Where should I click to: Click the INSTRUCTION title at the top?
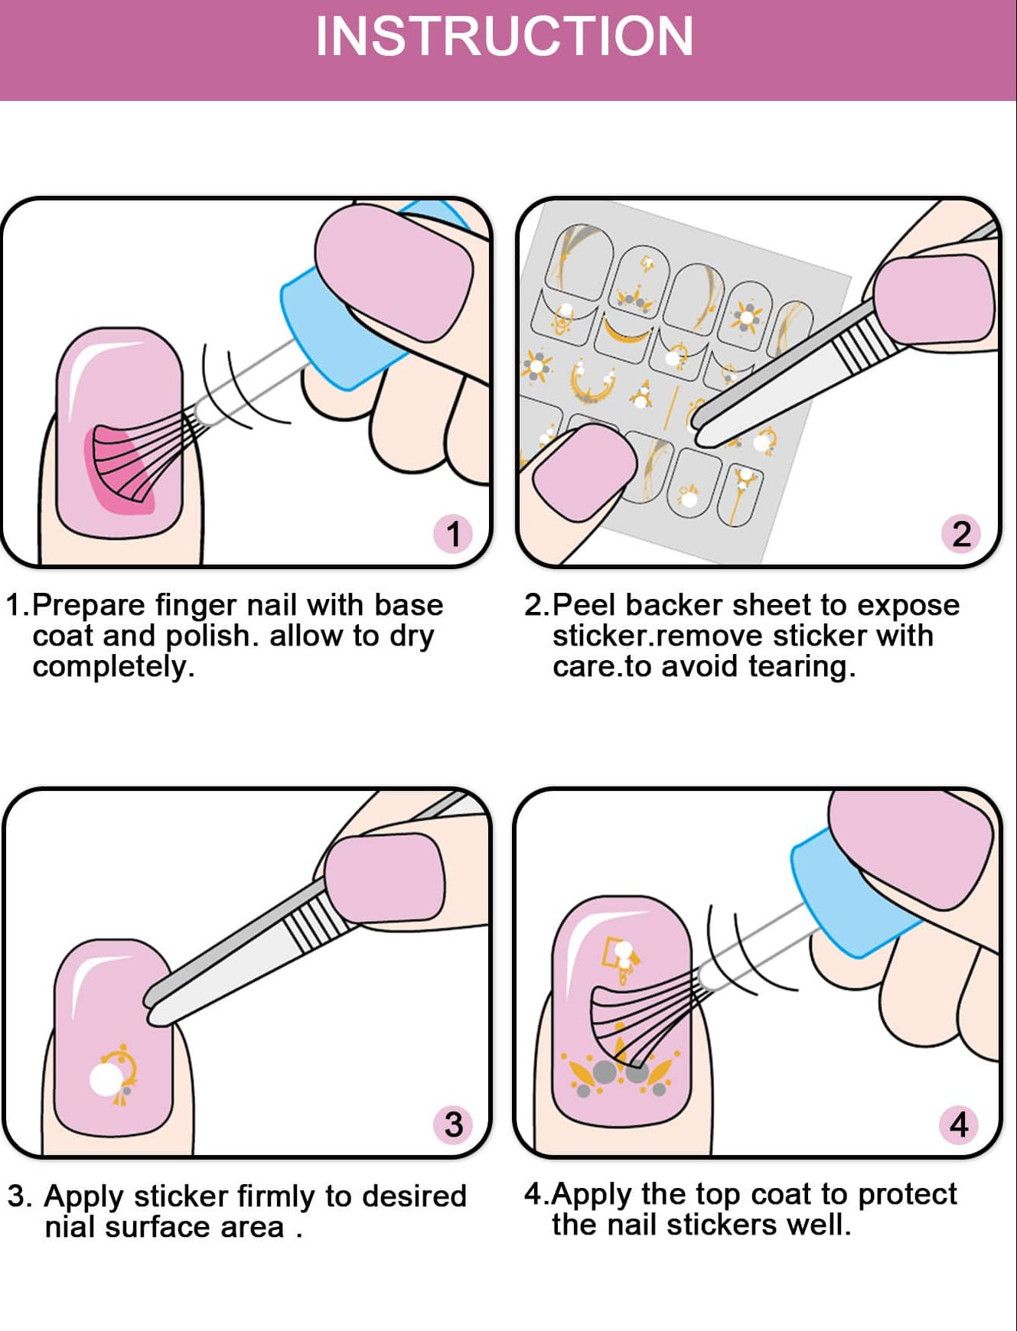504,37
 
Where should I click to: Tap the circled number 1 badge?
453,534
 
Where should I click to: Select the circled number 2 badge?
961,534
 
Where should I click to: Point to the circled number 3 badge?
453,1124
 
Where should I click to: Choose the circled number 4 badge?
958,1124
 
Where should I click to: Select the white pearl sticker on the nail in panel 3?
106,1079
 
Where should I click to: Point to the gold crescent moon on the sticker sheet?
626,332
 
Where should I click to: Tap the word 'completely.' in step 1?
113,667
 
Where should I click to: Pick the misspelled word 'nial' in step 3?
70,1227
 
